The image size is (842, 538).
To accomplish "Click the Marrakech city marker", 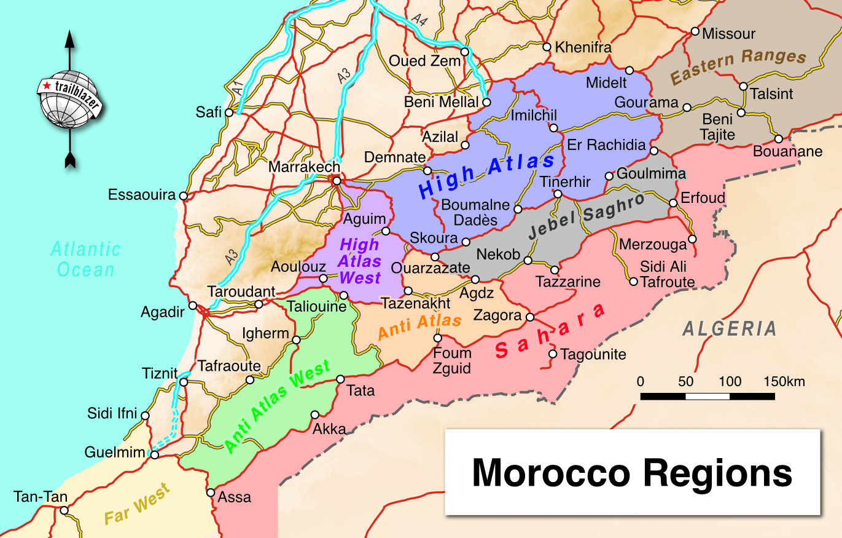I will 336,181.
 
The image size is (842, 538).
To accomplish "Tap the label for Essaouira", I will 142,196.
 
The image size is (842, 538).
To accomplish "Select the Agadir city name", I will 163,312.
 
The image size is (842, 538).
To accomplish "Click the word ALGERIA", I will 729,328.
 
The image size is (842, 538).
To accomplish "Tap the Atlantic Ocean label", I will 85,259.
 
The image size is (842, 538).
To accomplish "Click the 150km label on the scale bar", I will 784,381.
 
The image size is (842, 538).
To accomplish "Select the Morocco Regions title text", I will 632,473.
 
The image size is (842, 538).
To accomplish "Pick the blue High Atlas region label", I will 486,176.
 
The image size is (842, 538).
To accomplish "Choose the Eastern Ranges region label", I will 738,66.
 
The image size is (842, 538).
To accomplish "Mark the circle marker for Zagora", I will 530,317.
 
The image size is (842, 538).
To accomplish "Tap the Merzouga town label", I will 652,245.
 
